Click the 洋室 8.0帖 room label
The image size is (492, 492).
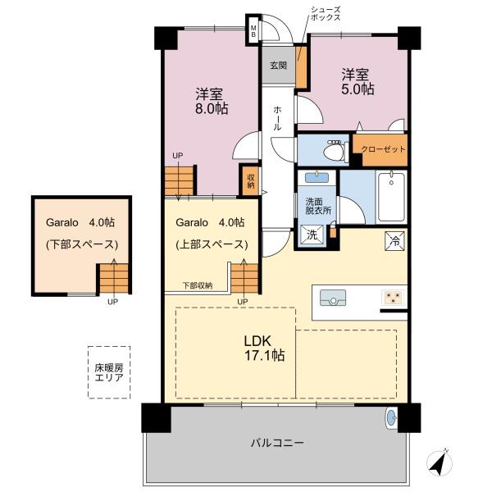212,101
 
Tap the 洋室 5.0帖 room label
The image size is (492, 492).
358,81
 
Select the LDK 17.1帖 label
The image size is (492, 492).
265,348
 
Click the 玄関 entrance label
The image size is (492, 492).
278,66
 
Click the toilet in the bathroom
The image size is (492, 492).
335,150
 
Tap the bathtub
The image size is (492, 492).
391,197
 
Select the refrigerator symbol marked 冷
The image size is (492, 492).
394,241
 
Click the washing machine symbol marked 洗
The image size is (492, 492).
312,235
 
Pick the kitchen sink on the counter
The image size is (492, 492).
333,298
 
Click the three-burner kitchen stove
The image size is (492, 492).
393,297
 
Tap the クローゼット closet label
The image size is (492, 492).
383,149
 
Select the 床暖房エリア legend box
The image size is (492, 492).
109,372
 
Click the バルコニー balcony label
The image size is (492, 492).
277,443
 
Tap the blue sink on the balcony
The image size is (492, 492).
391,418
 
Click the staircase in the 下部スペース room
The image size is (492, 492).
114,278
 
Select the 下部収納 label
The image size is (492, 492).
198,285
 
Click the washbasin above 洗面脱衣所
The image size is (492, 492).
317,178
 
